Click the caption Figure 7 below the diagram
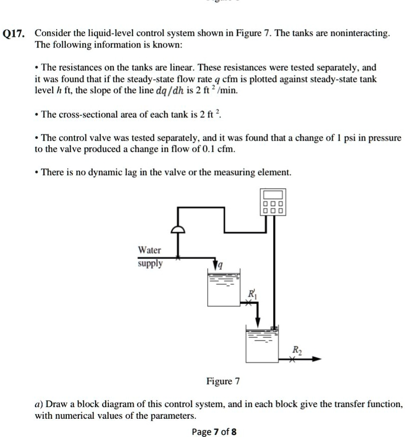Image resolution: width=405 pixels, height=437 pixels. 222,381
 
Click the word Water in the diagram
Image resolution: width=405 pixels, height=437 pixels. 150,250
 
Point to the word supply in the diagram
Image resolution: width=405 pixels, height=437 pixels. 150,264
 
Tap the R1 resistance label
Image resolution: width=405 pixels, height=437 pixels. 251,294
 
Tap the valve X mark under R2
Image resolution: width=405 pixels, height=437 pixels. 292,360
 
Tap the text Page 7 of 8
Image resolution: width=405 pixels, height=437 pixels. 214,431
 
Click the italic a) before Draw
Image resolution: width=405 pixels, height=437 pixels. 38,405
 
